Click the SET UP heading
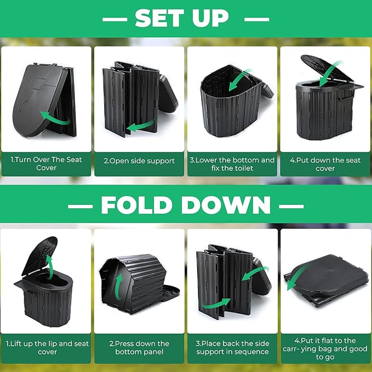182,18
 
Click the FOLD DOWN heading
186,205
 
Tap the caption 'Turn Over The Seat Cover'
46,164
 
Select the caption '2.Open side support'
139,161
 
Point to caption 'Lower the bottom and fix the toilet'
232,164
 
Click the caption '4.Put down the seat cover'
325,164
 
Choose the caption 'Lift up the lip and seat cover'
47,347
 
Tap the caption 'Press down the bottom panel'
139,347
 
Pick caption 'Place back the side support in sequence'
232,347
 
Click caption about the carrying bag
325,349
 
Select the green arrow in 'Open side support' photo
141,125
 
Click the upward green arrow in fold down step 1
49,267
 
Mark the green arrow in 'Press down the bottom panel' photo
119,287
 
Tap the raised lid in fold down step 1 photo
40,255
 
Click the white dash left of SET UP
115,20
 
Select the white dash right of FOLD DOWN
291,206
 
